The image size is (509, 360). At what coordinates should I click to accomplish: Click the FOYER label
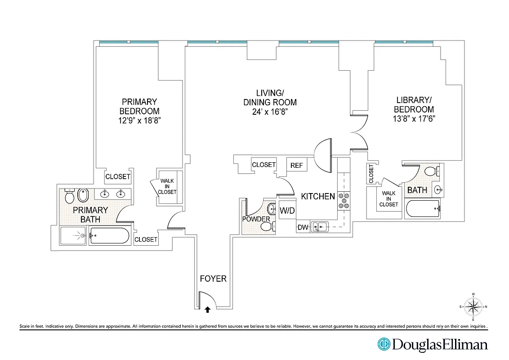[x=213, y=279]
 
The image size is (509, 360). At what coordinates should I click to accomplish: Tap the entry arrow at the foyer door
[x=207, y=309]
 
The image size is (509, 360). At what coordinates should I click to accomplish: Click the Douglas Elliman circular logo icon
[x=384, y=344]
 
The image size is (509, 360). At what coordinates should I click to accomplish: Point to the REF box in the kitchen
[x=296, y=165]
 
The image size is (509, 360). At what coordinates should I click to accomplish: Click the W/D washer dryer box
[x=287, y=211]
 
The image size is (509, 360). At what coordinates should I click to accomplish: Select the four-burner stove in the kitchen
[x=344, y=200]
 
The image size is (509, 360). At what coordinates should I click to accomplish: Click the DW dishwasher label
[x=303, y=228]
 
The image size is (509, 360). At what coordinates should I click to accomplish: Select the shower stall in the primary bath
[x=74, y=235]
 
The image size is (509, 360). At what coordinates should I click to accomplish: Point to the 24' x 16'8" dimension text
[x=270, y=112]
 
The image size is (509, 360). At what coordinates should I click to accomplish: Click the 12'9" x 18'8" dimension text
[x=139, y=120]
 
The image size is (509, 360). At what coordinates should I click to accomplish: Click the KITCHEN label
[x=318, y=196]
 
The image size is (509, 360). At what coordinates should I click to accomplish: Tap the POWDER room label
[x=256, y=219]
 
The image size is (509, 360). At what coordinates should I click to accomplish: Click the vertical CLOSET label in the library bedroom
[x=371, y=174]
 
